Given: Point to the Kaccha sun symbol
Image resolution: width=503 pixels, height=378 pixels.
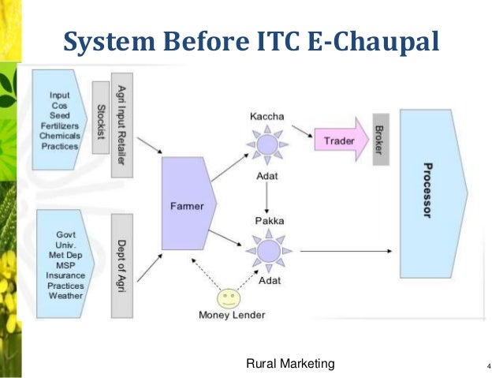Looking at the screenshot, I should click(267, 146).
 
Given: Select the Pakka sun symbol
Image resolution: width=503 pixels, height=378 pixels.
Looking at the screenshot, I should click(267, 250).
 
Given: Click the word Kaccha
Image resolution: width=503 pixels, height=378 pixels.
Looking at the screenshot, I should click(267, 117).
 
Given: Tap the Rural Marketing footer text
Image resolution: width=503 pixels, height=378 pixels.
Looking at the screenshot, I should click(291, 363).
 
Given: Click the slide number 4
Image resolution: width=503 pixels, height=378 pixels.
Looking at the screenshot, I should click(488, 366).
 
